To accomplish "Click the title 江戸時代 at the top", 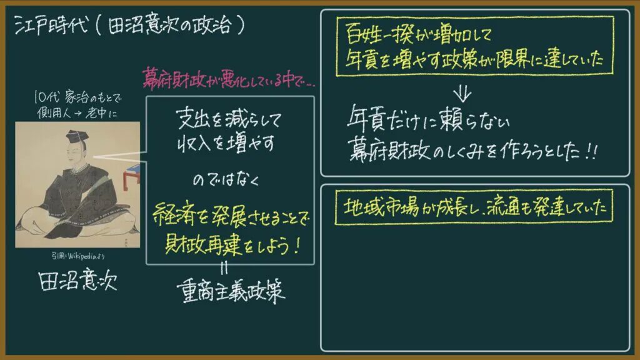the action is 51,25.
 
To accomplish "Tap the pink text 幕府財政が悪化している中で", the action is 229,78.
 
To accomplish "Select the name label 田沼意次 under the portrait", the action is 77,281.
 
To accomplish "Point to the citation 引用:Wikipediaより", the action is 78,256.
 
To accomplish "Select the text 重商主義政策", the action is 231,291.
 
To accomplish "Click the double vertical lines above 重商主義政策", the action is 224,268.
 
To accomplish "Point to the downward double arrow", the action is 462,94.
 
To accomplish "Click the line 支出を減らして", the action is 229,119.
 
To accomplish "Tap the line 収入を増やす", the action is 226,143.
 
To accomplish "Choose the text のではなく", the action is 226,179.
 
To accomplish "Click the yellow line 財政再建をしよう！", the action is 232,244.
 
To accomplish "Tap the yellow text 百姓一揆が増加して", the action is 418,34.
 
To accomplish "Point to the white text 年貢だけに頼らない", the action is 428,118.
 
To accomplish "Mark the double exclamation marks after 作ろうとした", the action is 591,152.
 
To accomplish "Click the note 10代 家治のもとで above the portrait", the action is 77,97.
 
